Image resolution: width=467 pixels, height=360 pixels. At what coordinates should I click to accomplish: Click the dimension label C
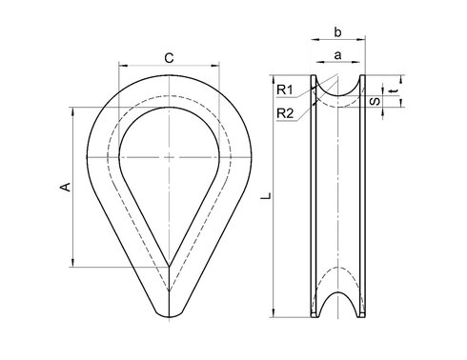point(169,58)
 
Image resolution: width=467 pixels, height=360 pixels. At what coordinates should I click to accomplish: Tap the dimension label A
point(66,187)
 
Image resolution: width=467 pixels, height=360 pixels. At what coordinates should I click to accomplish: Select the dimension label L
point(266,196)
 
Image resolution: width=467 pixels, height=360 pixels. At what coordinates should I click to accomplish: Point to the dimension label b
point(337,32)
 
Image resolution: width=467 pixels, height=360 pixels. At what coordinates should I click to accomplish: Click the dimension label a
point(337,55)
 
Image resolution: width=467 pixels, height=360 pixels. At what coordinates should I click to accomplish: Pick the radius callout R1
point(285,90)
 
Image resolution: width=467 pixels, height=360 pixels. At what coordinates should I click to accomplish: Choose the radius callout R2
point(285,113)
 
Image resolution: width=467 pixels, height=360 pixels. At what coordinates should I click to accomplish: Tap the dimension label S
point(376,101)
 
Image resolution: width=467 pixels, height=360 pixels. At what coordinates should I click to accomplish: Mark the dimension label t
point(395,91)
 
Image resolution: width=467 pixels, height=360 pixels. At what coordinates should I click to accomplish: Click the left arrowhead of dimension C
point(123,66)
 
